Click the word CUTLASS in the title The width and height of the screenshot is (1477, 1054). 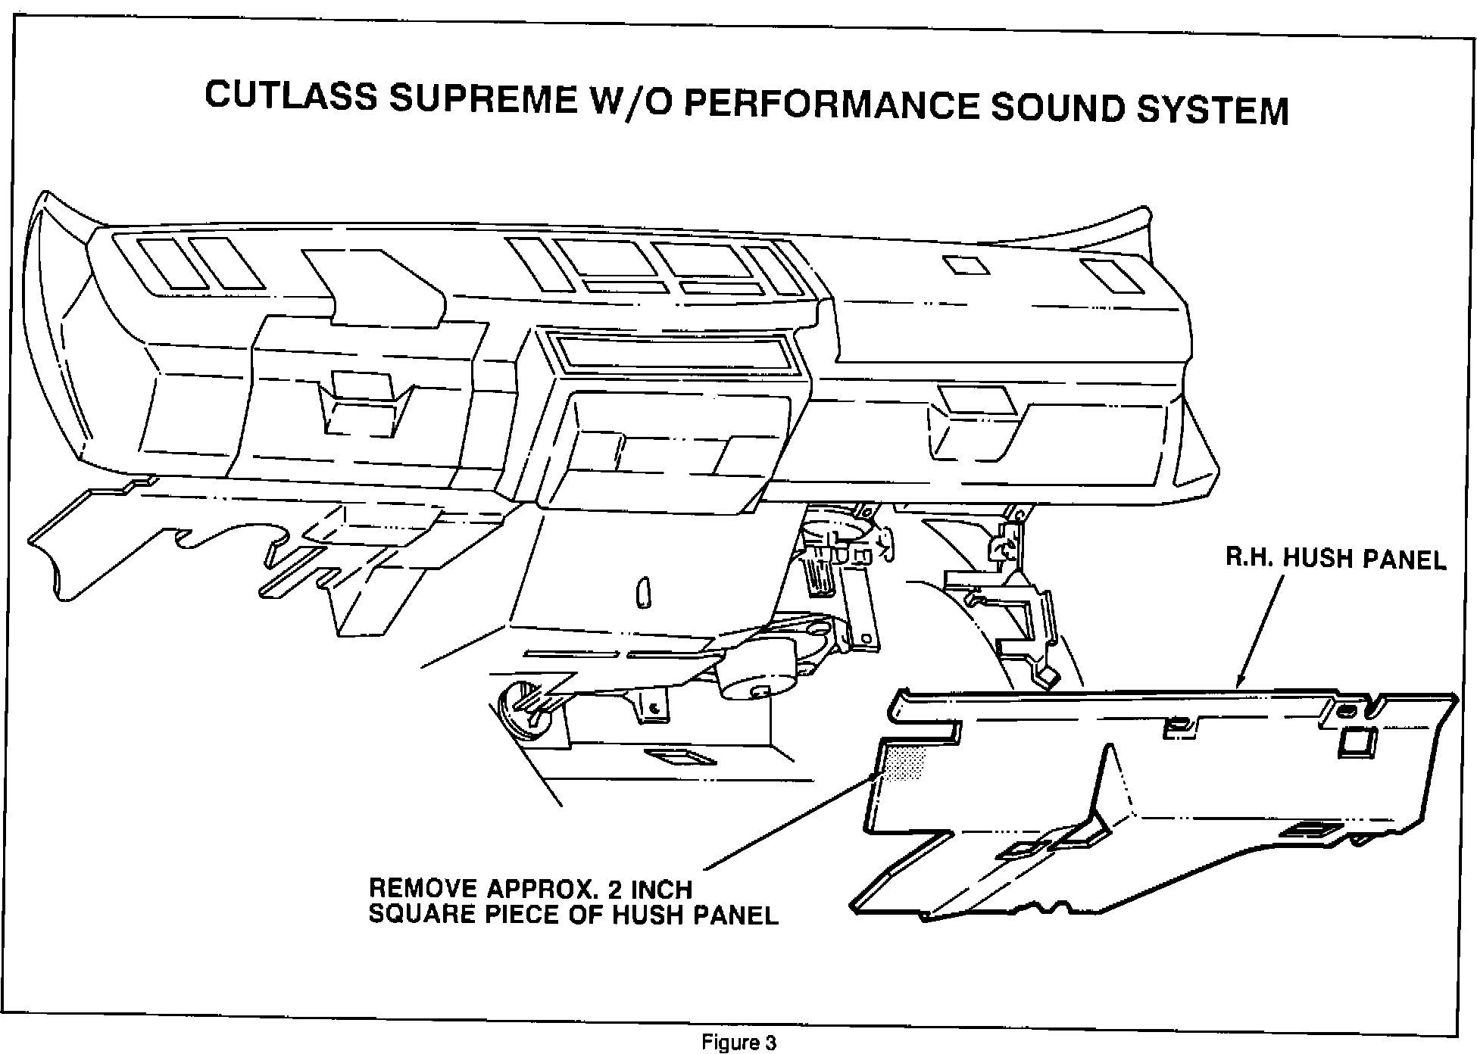pos(290,97)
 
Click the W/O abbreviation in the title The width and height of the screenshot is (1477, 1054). pos(626,102)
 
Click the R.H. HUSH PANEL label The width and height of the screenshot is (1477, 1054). pos(1336,560)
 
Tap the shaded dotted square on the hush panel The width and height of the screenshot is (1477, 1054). pos(907,761)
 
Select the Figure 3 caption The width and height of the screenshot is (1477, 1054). pos(738,1043)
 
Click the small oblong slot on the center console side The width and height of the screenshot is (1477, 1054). pos(644,592)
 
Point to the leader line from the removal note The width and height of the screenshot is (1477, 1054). pos(788,821)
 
